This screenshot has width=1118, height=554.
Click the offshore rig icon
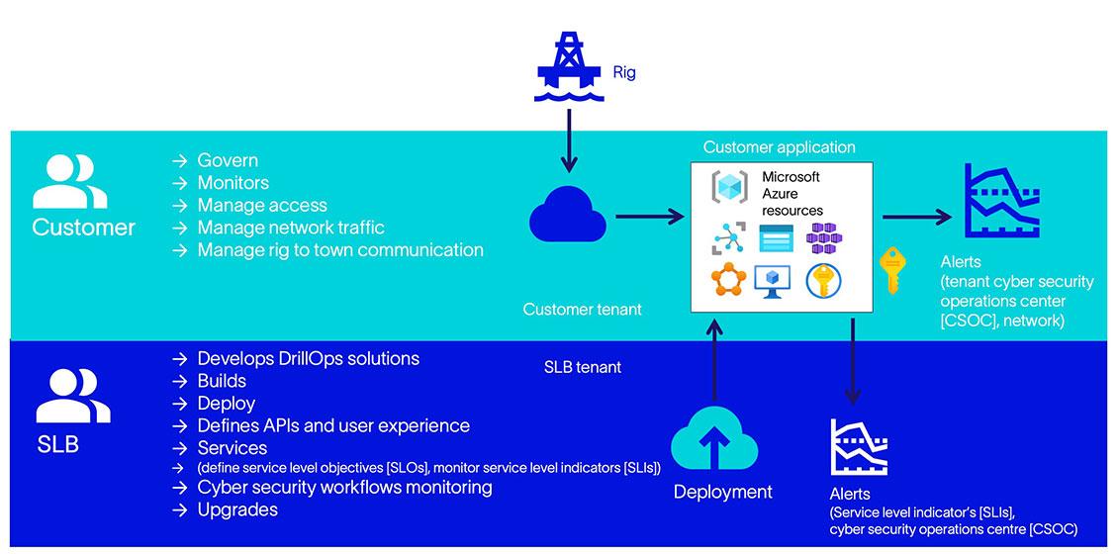click(568, 65)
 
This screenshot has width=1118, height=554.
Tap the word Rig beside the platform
click(623, 72)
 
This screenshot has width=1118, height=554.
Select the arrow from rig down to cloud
click(568, 138)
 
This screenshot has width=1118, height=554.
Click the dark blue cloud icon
click(568, 214)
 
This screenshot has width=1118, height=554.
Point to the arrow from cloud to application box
click(649, 215)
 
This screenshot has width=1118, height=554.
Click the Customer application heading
click(779, 147)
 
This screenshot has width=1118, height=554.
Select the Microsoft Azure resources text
click(792, 193)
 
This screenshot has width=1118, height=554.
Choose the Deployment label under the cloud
click(722, 492)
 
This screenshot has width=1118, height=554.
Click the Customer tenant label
click(582, 310)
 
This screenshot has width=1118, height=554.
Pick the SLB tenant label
click(583, 367)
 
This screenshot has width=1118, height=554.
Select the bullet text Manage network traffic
click(290, 228)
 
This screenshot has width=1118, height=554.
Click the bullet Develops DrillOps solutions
click(308, 358)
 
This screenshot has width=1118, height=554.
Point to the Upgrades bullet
click(236, 509)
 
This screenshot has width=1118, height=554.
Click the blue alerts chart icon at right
click(1001, 201)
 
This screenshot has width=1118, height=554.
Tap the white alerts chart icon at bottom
click(859, 449)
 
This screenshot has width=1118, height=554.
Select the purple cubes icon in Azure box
click(824, 238)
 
